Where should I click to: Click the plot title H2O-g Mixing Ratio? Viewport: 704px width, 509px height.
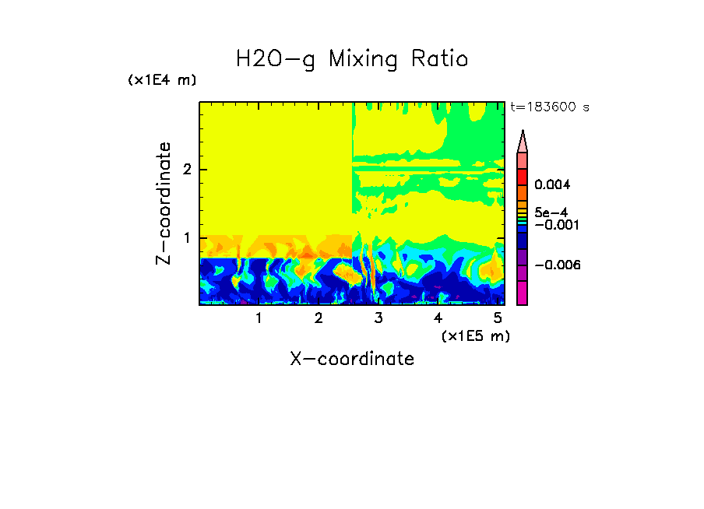(352, 58)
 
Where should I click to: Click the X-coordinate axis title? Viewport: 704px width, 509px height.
(352, 359)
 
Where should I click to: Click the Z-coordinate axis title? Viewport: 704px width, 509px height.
(164, 203)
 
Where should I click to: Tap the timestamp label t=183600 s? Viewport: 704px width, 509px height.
(549, 107)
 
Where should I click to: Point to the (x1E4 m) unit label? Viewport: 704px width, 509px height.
(162, 80)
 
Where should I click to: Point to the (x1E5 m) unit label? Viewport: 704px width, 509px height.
(475, 335)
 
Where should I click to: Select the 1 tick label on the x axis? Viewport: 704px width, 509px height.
(259, 318)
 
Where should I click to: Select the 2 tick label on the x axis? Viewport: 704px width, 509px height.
(319, 318)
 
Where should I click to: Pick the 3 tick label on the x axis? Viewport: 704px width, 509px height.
(378, 318)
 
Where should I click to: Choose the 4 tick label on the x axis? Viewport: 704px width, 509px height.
(438, 318)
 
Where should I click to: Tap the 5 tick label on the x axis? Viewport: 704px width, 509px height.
(498, 318)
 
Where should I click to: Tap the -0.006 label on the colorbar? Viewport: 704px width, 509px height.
(558, 265)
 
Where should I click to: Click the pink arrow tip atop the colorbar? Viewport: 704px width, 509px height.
(523, 141)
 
